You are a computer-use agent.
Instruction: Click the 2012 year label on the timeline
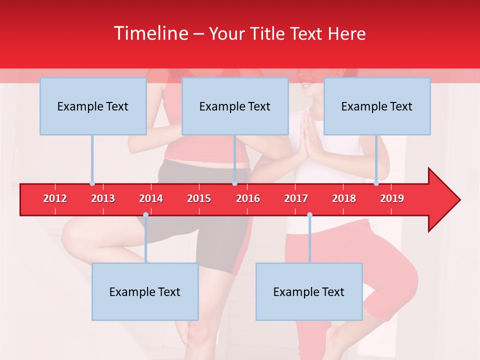coord(55,198)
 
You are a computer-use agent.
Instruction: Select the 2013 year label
coord(103,198)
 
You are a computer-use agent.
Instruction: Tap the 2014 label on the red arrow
coord(151,198)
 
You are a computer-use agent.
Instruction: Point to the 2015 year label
coord(199,198)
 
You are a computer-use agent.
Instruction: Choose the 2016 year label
coord(248,198)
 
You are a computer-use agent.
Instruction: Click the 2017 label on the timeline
coord(296,198)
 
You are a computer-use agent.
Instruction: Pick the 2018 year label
coord(344,198)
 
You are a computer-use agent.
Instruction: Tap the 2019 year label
coord(392,198)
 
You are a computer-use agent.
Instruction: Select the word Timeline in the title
coord(150,33)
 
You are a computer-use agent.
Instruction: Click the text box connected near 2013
coord(93,106)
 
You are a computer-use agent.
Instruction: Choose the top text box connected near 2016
coord(235,106)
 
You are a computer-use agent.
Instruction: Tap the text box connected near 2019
coord(377,106)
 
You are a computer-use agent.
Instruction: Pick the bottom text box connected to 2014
coord(145,291)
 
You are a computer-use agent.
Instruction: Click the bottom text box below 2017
coord(309,291)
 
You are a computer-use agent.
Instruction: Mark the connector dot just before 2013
coord(92,183)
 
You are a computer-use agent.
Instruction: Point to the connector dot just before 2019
coord(376,183)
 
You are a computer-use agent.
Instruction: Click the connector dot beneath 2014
coord(145,215)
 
